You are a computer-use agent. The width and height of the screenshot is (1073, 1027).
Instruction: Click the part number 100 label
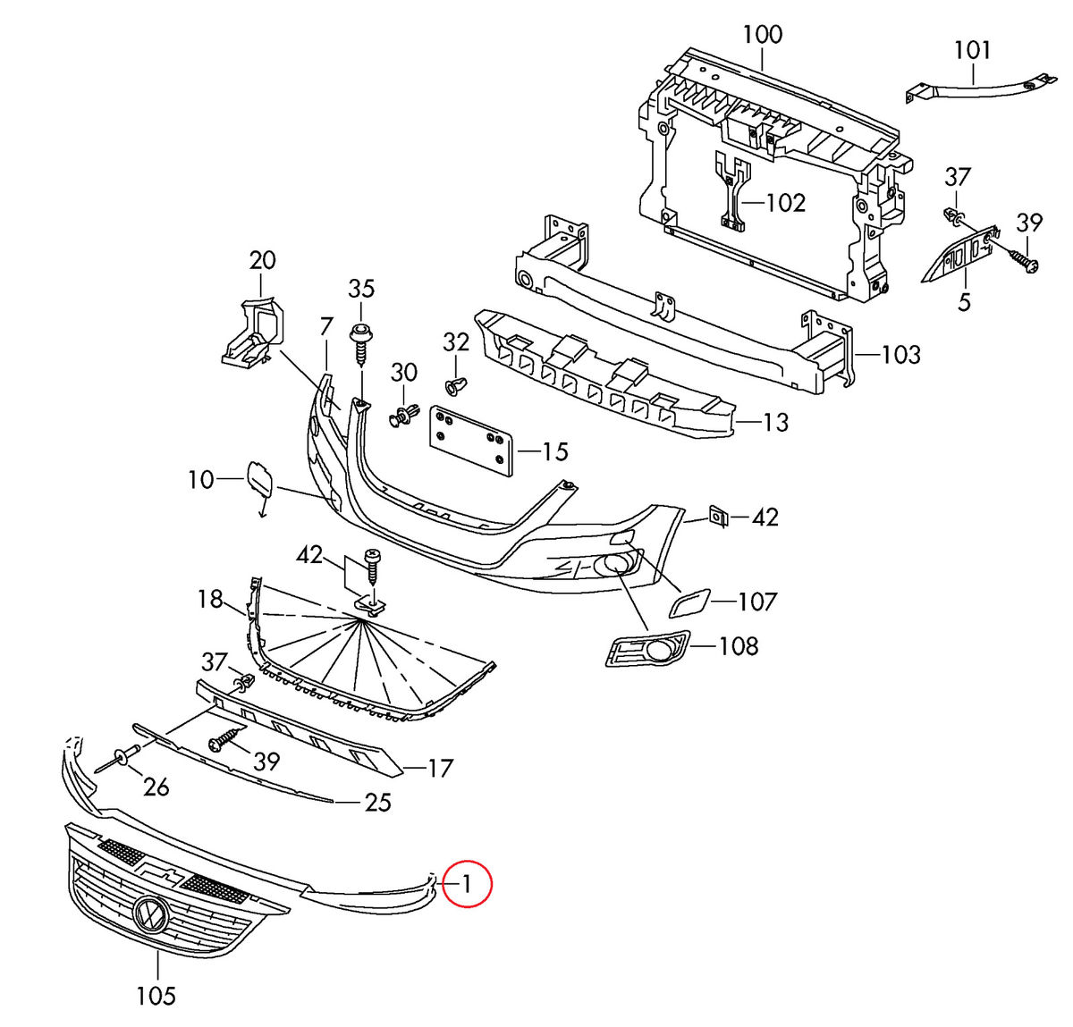[x=762, y=35]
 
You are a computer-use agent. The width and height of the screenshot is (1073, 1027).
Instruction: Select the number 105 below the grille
[x=156, y=994]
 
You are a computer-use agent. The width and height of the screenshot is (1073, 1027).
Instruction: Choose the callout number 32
[x=456, y=342]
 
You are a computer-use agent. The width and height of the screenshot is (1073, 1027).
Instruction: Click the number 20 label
[x=262, y=260]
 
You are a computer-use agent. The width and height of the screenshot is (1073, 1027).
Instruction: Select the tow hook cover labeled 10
[x=260, y=480]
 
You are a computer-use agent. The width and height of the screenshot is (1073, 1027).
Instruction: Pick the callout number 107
[x=756, y=602]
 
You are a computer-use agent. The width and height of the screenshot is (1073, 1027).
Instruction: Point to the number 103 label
[x=900, y=355]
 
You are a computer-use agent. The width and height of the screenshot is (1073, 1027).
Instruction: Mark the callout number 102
[x=786, y=203]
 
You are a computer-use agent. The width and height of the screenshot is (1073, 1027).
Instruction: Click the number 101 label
[x=973, y=50]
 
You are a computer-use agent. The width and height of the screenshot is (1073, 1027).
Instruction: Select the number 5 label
[x=963, y=302]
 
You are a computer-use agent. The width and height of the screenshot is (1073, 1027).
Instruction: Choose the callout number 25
[x=378, y=802]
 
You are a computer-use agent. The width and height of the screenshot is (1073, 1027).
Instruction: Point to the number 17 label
[x=440, y=768]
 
